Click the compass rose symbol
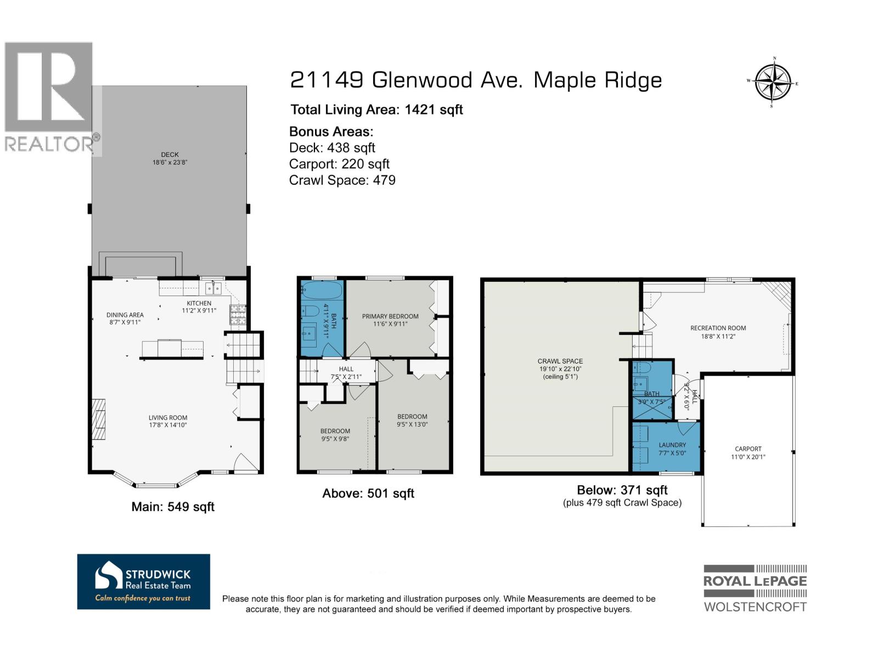(x=773, y=82)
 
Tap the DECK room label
(x=170, y=155)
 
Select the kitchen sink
(x=213, y=288)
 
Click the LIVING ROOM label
(x=167, y=418)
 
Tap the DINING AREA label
(x=125, y=315)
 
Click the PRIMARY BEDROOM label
(x=390, y=316)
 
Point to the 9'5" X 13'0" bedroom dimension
(x=412, y=424)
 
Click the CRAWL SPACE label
(x=560, y=361)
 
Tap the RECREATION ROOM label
(x=718, y=328)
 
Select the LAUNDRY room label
(x=672, y=445)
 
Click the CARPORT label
(x=748, y=449)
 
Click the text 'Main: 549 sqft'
(x=173, y=507)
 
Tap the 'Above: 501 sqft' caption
(x=368, y=493)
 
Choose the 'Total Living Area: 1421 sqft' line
(x=376, y=110)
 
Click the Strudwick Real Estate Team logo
(x=143, y=581)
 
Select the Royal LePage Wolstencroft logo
(x=755, y=588)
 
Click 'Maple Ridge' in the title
(x=598, y=81)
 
